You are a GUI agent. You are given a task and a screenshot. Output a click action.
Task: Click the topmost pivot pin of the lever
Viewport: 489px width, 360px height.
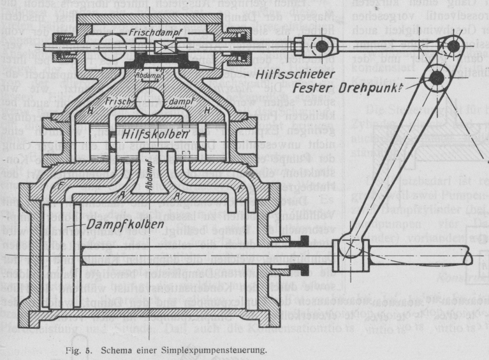[x=453, y=45]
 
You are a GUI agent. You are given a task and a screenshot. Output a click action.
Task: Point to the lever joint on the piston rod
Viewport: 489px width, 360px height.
[x=351, y=245]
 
